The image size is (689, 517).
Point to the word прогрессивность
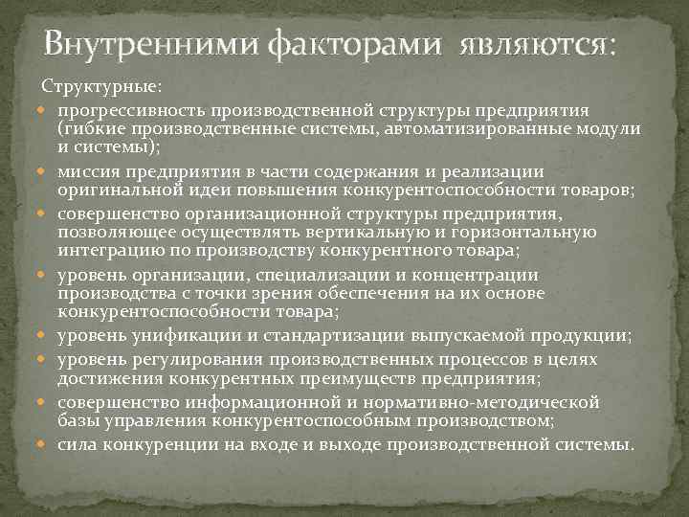133,110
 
